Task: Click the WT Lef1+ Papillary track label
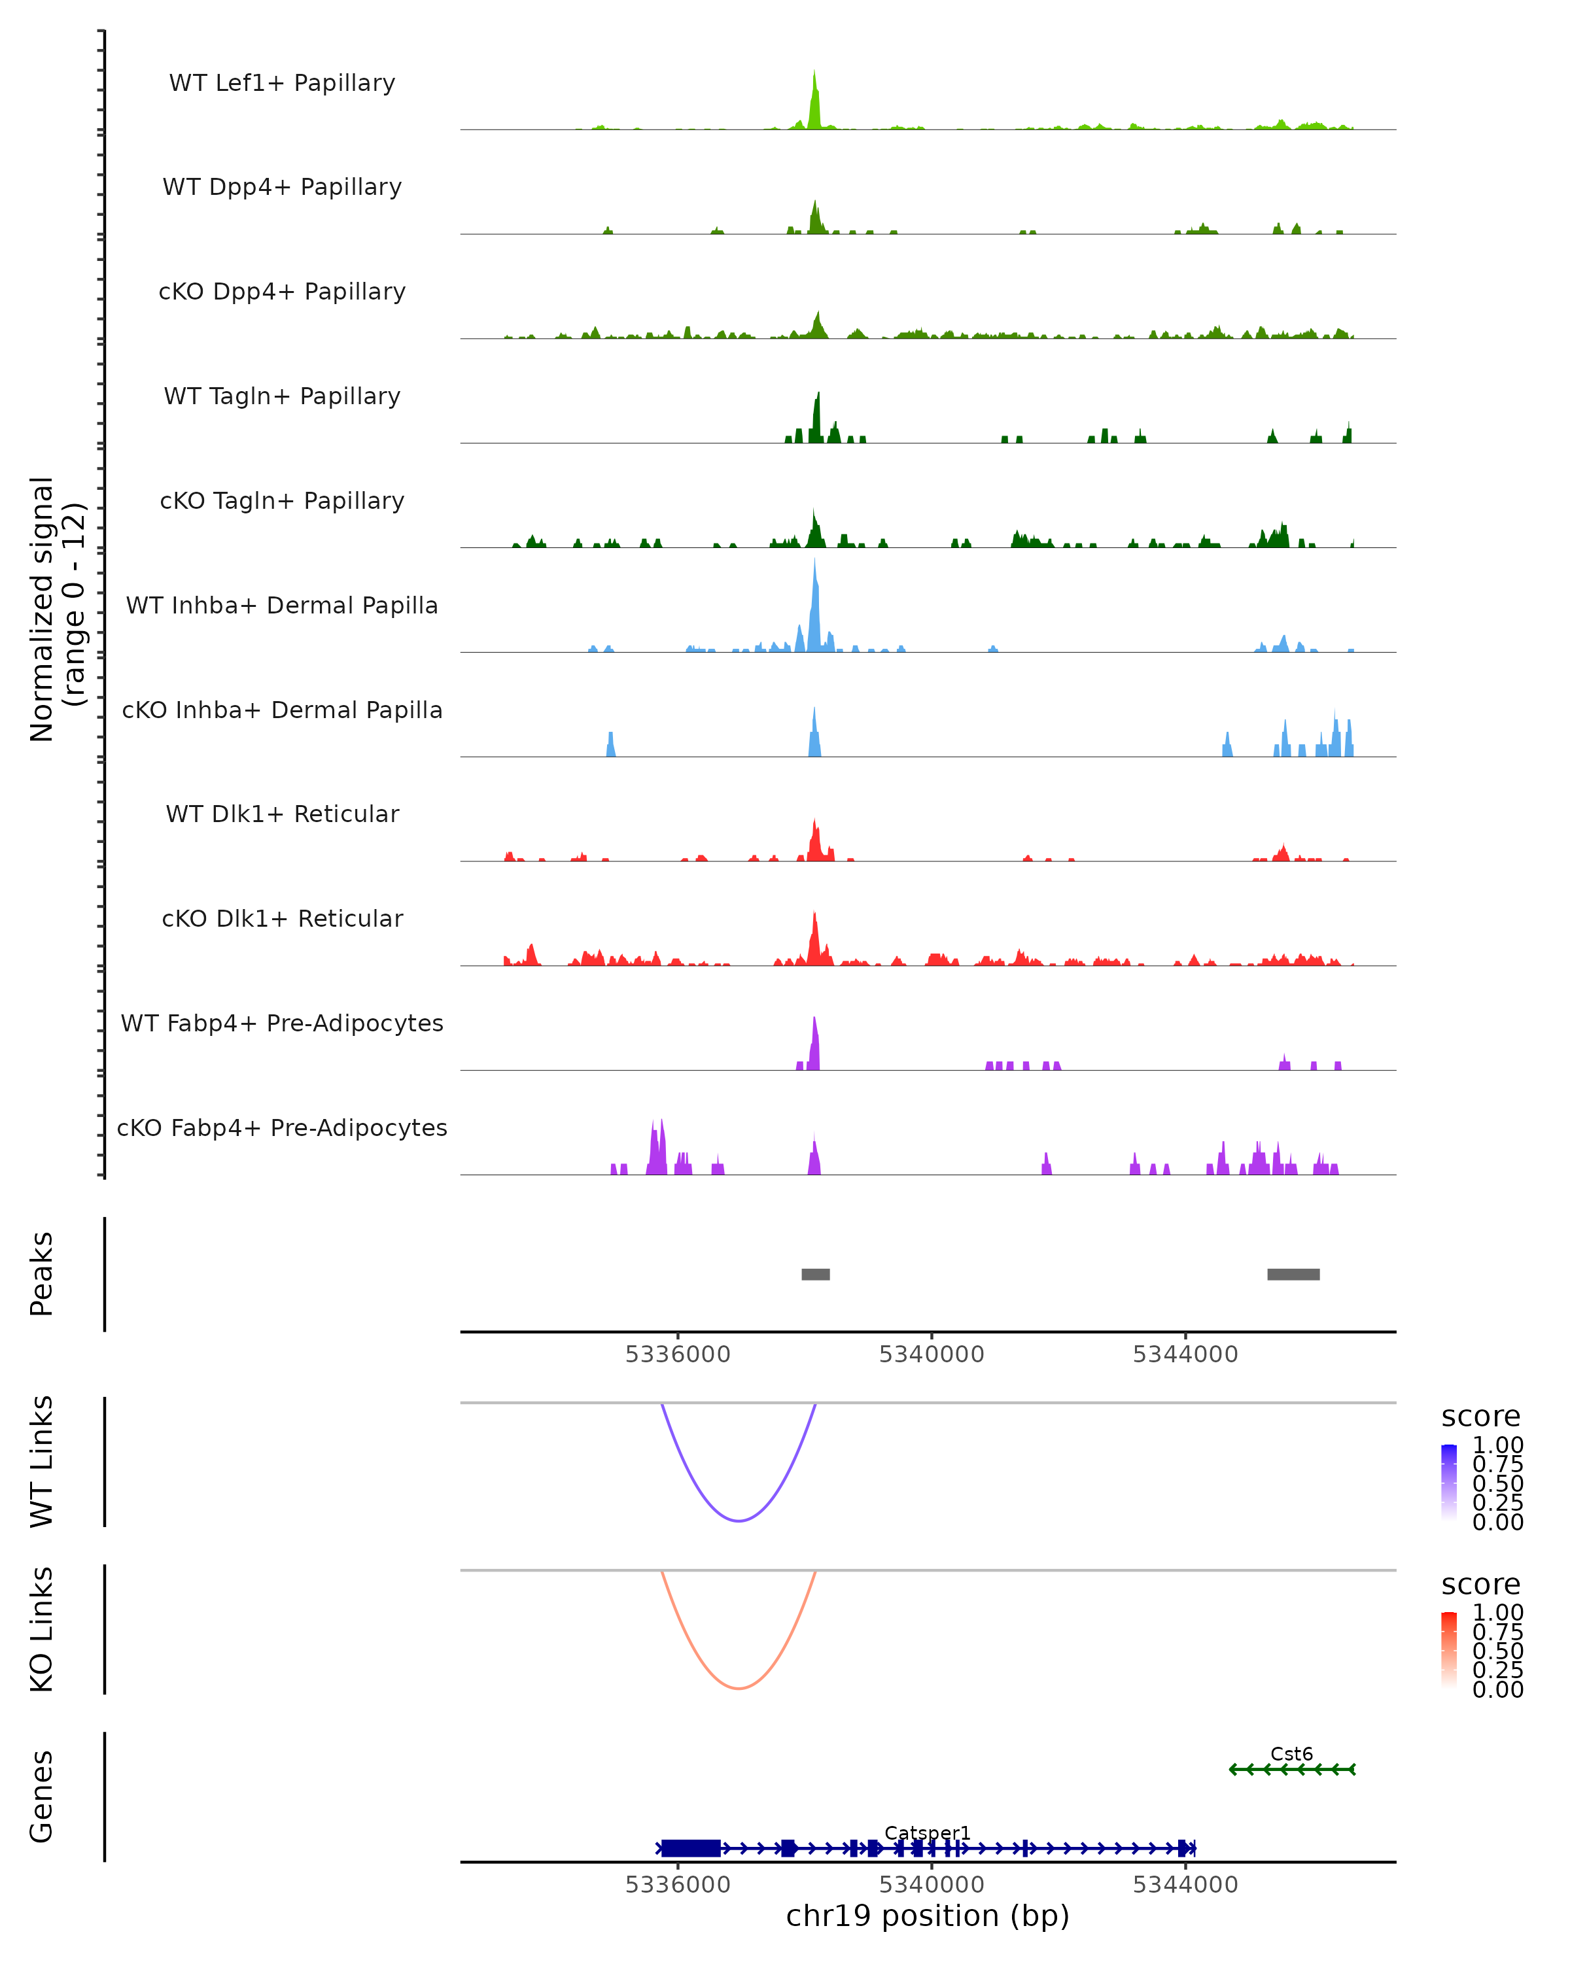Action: (x=282, y=83)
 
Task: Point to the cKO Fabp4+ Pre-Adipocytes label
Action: (x=282, y=1127)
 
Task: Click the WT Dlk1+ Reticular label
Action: (x=282, y=814)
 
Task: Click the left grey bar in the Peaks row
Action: (x=816, y=1274)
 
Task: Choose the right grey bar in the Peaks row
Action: (x=1293, y=1274)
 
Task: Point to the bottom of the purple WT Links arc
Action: (x=739, y=1521)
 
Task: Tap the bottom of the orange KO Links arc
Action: (x=739, y=1688)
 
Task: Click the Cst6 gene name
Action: (x=1291, y=1753)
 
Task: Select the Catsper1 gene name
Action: (x=928, y=1833)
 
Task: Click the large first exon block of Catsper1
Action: (x=691, y=1848)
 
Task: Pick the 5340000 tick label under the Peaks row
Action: (x=931, y=1354)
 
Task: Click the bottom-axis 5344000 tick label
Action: (x=1185, y=1885)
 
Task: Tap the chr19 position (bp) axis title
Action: (x=928, y=1916)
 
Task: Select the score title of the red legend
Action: (x=1481, y=1585)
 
